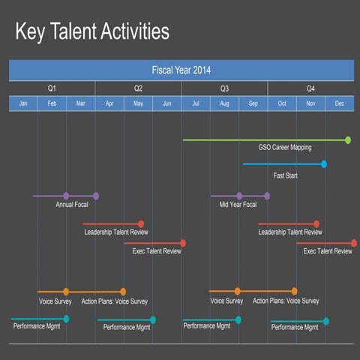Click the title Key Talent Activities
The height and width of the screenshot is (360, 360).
(x=92, y=32)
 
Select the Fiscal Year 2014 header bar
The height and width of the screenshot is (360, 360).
(x=181, y=70)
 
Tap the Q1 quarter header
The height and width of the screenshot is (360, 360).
(x=52, y=88)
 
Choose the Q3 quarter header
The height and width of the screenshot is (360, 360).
(x=224, y=88)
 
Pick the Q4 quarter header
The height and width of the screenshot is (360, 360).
(x=310, y=88)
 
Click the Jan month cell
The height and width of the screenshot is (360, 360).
(x=23, y=103)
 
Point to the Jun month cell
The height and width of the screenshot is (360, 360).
(x=166, y=103)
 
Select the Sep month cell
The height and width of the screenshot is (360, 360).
(x=253, y=103)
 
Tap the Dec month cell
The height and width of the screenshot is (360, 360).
(x=339, y=103)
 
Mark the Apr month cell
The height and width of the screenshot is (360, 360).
(x=109, y=103)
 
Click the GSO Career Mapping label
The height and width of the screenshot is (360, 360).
(x=284, y=148)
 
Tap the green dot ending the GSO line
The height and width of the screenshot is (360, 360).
(x=348, y=139)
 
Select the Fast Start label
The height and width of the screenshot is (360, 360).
(x=285, y=175)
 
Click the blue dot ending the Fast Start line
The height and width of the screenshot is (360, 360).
(x=324, y=163)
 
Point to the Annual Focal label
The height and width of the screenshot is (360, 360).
(x=72, y=204)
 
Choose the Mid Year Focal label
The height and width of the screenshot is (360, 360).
(x=238, y=204)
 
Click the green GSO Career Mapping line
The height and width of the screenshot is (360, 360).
(x=262, y=139)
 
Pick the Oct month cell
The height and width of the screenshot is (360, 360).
(x=282, y=103)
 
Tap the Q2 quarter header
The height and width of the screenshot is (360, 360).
(x=138, y=88)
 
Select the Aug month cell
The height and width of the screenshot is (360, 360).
(x=224, y=103)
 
